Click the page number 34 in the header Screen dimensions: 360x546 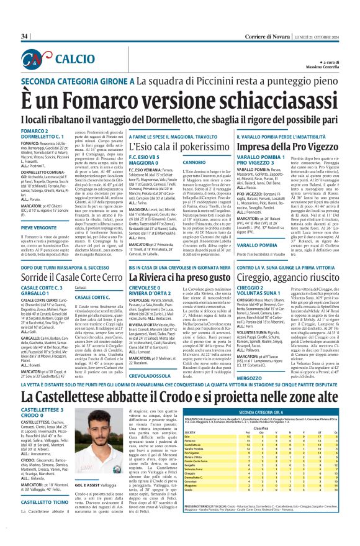click(25, 37)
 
